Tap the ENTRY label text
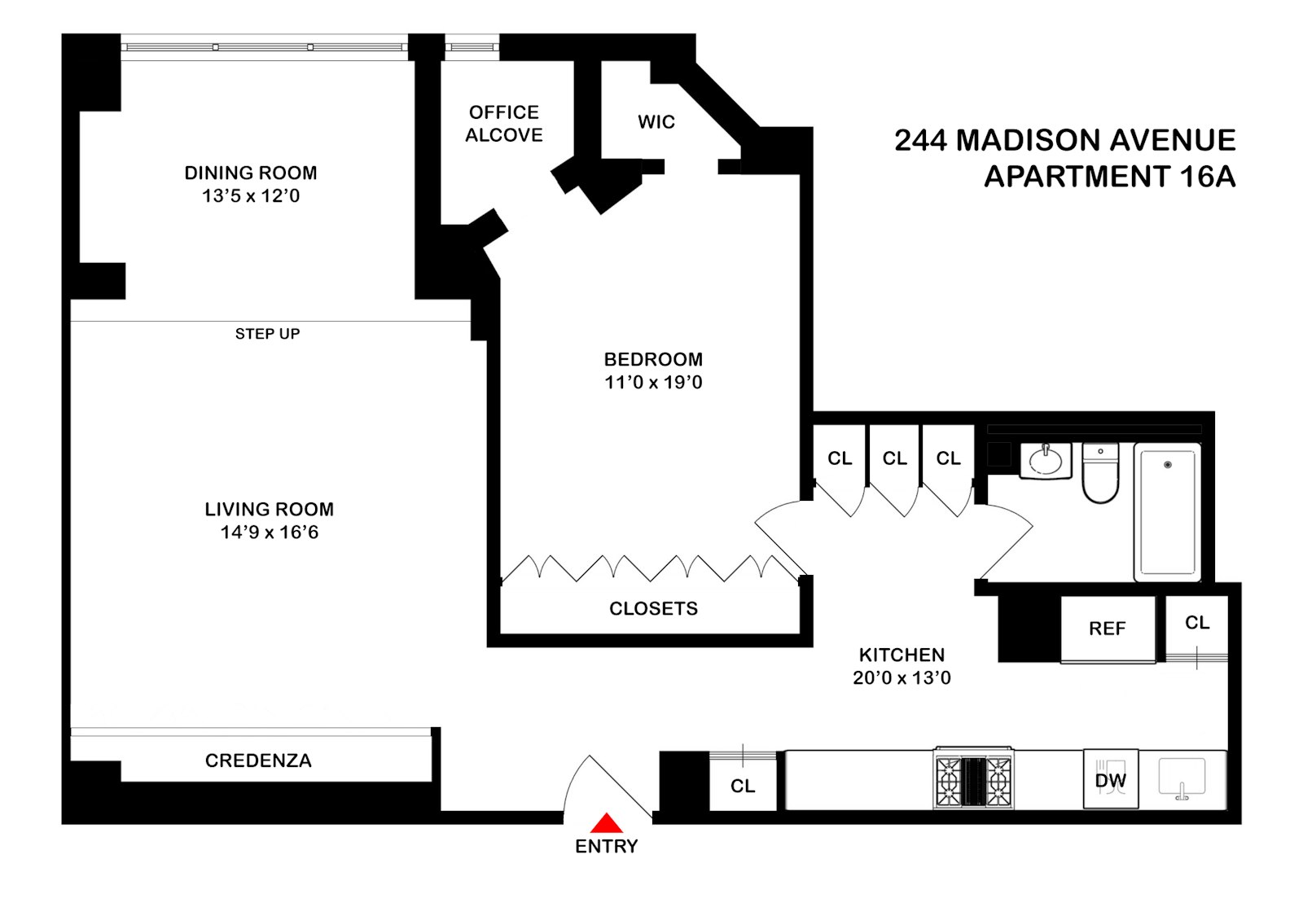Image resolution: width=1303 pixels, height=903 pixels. point(606,847)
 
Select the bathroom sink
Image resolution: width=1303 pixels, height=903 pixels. point(1045,462)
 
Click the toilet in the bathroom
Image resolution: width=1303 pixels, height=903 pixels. point(1100,475)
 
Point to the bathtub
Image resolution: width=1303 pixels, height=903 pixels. point(1167,512)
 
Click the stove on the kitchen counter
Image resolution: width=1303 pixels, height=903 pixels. point(973,779)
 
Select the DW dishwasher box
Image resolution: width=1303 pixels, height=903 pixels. point(1110,780)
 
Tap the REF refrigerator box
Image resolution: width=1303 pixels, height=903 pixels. point(1107,629)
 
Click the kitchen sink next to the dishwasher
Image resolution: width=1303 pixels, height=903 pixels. point(1182,779)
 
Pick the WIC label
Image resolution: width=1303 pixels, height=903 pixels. point(656,122)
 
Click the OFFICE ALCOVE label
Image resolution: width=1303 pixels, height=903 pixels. point(504,124)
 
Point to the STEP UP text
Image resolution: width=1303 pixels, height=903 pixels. point(267,334)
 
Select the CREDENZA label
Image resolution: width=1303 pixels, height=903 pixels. point(258,761)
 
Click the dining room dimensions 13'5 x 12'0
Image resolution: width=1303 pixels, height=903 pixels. point(251,196)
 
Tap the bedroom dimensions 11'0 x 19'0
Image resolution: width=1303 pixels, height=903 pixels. point(653,383)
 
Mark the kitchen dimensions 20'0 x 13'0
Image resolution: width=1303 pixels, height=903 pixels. point(902,678)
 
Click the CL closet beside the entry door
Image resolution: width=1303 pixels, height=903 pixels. point(742,786)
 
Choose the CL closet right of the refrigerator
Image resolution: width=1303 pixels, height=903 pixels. point(1196,623)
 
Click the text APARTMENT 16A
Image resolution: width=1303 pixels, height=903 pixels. point(1109,177)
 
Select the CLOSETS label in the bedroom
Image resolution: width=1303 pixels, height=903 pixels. point(653,609)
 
